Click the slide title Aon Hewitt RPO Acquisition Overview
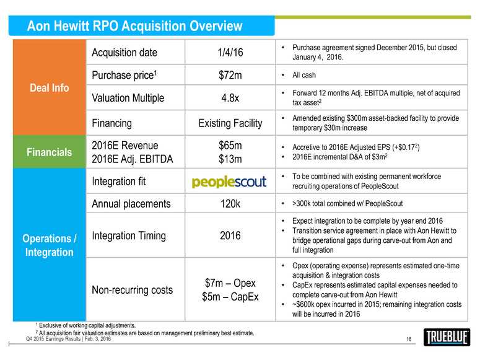[x=135, y=26]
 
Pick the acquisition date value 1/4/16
[x=231, y=53]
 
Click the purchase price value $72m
[x=230, y=76]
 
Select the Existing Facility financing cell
[x=230, y=123]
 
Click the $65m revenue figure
[x=230, y=146]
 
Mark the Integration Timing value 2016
[x=230, y=236]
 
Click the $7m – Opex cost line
[x=230, y=283]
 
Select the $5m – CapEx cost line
[x=230, y=297]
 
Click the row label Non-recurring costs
[x=133, y=290]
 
